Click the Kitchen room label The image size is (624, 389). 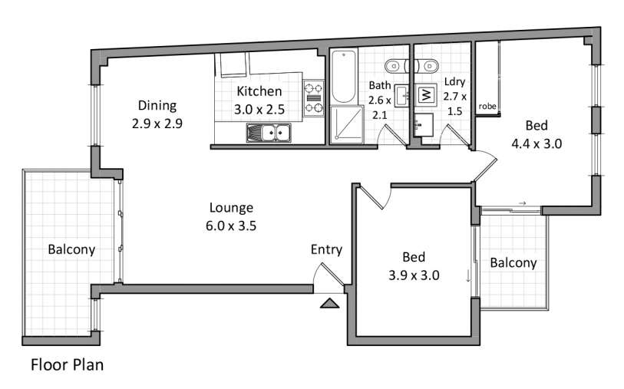pos(259,91)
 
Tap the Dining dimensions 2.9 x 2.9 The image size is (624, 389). pos(157,124)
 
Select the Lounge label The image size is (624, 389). pos(231,208)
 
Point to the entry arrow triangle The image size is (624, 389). pos(330,303)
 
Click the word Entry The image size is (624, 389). pos(326,249)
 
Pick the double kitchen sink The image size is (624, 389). pos(269,133)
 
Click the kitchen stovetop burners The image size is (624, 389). pos(314,98)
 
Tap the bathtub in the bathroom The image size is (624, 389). pos(343,76)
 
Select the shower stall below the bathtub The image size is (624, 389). pos(347,124)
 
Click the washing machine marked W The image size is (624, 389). pos(426,95)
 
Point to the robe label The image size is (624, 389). pos(487,106)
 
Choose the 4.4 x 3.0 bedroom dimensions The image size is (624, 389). pos(537,143)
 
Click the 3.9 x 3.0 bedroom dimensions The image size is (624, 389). pos(414,275)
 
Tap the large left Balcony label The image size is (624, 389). pos(71,249)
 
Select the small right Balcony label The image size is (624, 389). pos(513,263)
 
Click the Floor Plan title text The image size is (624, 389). pos(68,364)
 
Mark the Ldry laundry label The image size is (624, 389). pos(455,82)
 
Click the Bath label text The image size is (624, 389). pos(380,85)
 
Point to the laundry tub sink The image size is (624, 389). pos(423,125)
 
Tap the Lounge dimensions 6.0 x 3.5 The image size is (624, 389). pos(231,226)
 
